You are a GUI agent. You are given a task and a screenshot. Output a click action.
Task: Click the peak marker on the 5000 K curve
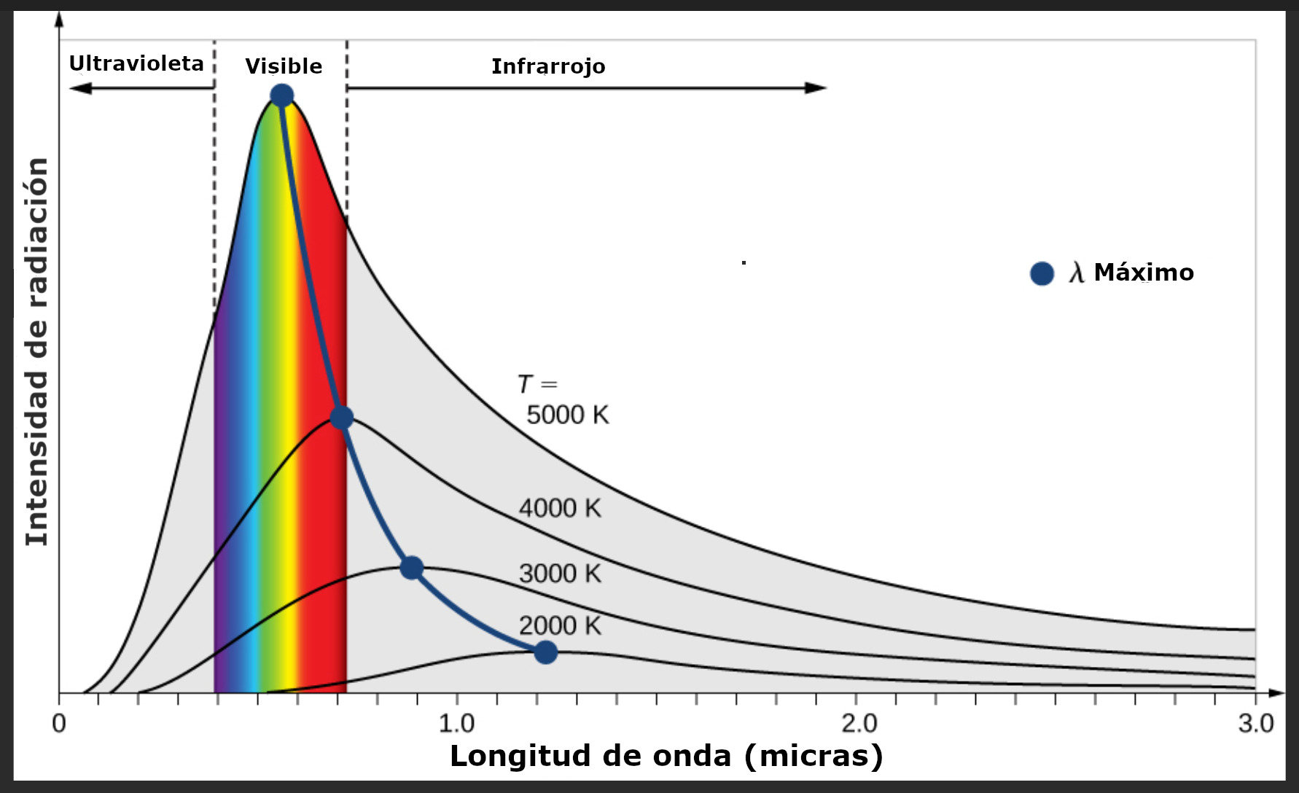click(281, 95)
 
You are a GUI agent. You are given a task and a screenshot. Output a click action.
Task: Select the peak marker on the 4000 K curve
click(342, 418)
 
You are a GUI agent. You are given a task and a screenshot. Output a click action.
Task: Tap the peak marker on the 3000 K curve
click(412, 568)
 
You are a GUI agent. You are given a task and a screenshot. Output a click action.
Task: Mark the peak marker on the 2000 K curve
click(545, 652)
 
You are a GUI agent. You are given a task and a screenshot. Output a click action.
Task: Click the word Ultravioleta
click(136, 63)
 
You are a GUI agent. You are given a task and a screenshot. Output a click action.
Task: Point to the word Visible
click(284, 66)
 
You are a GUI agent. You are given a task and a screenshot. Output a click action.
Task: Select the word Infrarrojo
click(548, 66)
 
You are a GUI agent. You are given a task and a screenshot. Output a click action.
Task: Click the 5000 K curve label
click(567, 415)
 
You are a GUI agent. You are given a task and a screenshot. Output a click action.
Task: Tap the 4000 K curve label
click(560, 508)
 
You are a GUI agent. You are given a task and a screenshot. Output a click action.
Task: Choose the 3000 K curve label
click(560, 574)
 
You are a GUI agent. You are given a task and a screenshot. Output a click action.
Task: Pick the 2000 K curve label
click(560, 625)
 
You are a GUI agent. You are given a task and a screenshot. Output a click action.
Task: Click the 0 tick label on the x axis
click(59, 724)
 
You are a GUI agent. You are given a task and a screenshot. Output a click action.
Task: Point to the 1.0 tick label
click(456, 724)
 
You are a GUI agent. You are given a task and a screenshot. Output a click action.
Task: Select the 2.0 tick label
click(859, 724)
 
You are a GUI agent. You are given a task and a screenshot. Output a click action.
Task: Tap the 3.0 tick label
click(1255, 724)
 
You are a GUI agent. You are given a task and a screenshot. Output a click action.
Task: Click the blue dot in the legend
click(1042, 273)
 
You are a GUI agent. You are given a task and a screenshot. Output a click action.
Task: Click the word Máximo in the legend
click(1144, 273)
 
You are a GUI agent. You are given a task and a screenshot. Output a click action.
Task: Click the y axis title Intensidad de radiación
click(36, 351)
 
